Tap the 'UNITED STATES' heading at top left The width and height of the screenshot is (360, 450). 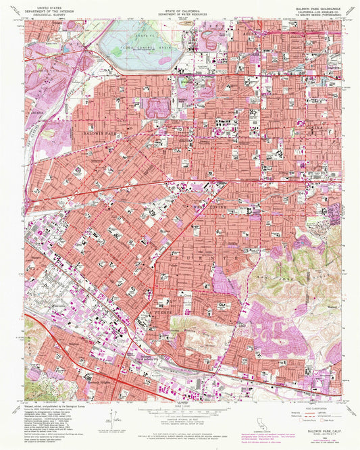coord(51,3)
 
